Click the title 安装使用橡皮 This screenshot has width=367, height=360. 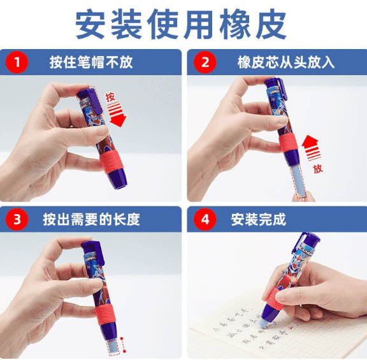pos(183,24)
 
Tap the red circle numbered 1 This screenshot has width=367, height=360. pos(17,62)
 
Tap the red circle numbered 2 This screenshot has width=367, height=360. pos(205,62)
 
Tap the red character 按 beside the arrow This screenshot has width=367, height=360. pos(110,97)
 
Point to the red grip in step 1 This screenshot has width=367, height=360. pos(115,163)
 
